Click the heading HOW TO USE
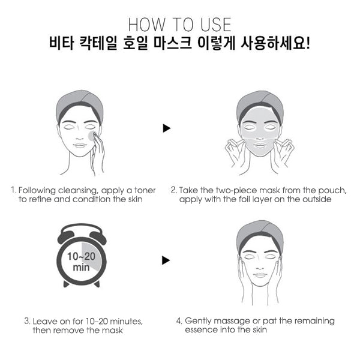179,25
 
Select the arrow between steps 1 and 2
167,128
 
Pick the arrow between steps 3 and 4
167,260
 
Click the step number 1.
13,190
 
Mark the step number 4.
179,321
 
